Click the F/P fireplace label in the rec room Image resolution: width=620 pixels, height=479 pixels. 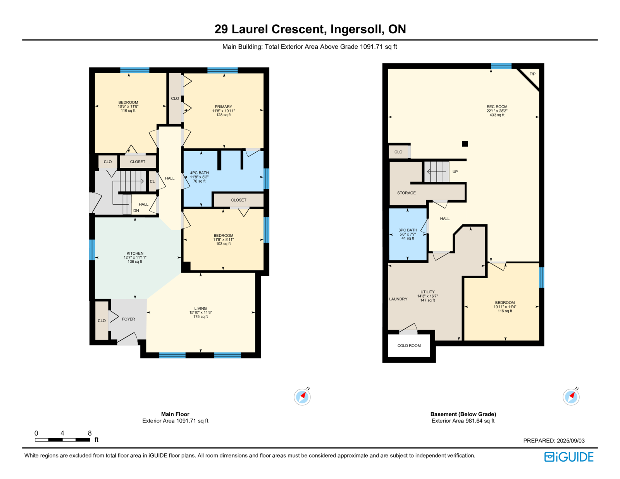pos(532,74)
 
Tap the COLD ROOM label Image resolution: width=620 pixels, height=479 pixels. pos(409,345)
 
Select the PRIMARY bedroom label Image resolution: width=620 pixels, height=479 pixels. pos(224,107)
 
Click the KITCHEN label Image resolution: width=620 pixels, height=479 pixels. pos(135,253)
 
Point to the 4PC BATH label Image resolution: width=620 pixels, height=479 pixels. pos(200,173)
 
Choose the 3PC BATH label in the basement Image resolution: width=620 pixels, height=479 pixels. pos(408,230)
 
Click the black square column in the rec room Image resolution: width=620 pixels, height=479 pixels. pos(465,144)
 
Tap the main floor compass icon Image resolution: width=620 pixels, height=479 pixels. pos(302,396)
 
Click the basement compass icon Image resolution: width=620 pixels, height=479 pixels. pos(571,396)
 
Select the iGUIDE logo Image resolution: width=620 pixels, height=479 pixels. pos(568,457)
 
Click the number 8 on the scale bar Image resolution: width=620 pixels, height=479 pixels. pos(90,433)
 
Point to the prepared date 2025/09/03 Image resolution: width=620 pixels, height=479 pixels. pos(571,441)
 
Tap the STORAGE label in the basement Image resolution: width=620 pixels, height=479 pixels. pos(406,193)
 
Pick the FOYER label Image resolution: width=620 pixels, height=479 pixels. pos(128,319)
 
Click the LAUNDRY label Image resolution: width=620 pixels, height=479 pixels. pos(398,299)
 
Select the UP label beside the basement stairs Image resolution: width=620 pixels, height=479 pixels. pos(455,172)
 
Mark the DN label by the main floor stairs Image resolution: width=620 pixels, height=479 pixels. pos(136,210)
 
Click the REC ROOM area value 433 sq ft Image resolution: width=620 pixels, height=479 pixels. pos(497,115)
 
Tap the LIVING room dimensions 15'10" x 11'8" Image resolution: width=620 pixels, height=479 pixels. pos(201,312)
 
